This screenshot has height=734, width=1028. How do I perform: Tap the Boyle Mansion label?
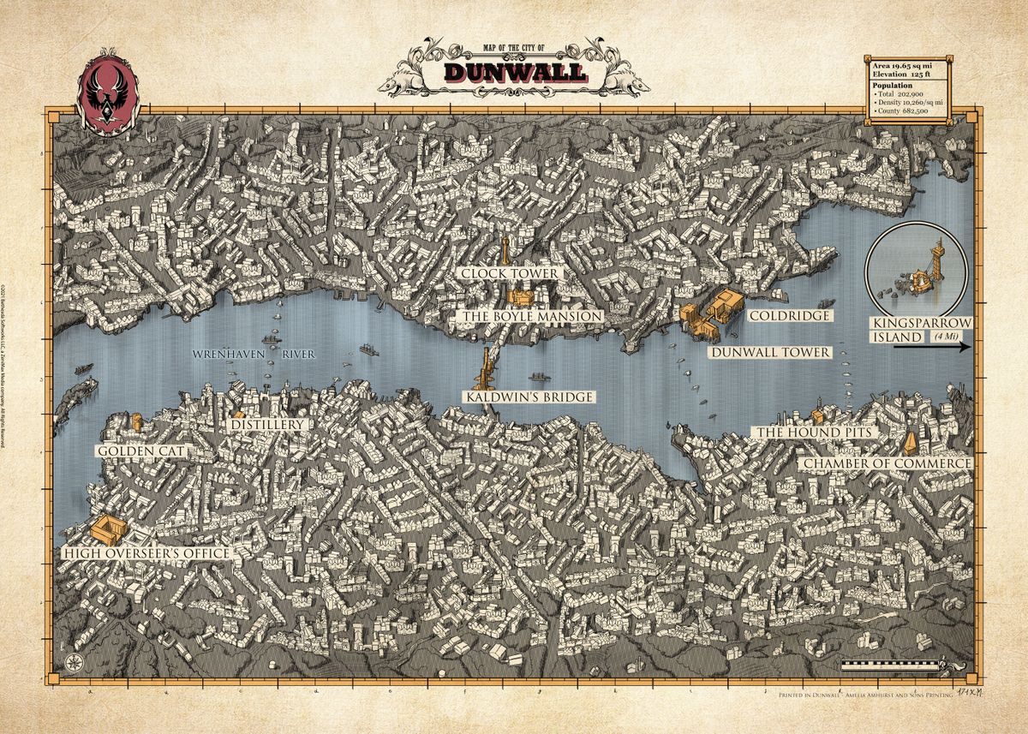[531, 316]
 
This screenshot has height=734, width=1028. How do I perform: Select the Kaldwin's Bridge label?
[529, 397]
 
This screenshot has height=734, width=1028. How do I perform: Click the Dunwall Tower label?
[768, 352]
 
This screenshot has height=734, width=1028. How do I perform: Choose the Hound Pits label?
[813, 433]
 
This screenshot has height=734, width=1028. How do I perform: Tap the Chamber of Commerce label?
[886, 463]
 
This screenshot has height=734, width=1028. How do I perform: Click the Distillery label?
[267, 424]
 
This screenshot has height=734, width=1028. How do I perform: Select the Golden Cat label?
[141, 451]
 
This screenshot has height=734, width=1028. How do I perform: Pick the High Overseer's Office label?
[146, 553]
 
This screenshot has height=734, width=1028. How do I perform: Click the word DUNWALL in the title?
[515, 72]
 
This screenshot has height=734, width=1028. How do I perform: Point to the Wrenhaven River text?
[254, 353]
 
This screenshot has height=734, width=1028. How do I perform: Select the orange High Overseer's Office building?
[108, 528]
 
